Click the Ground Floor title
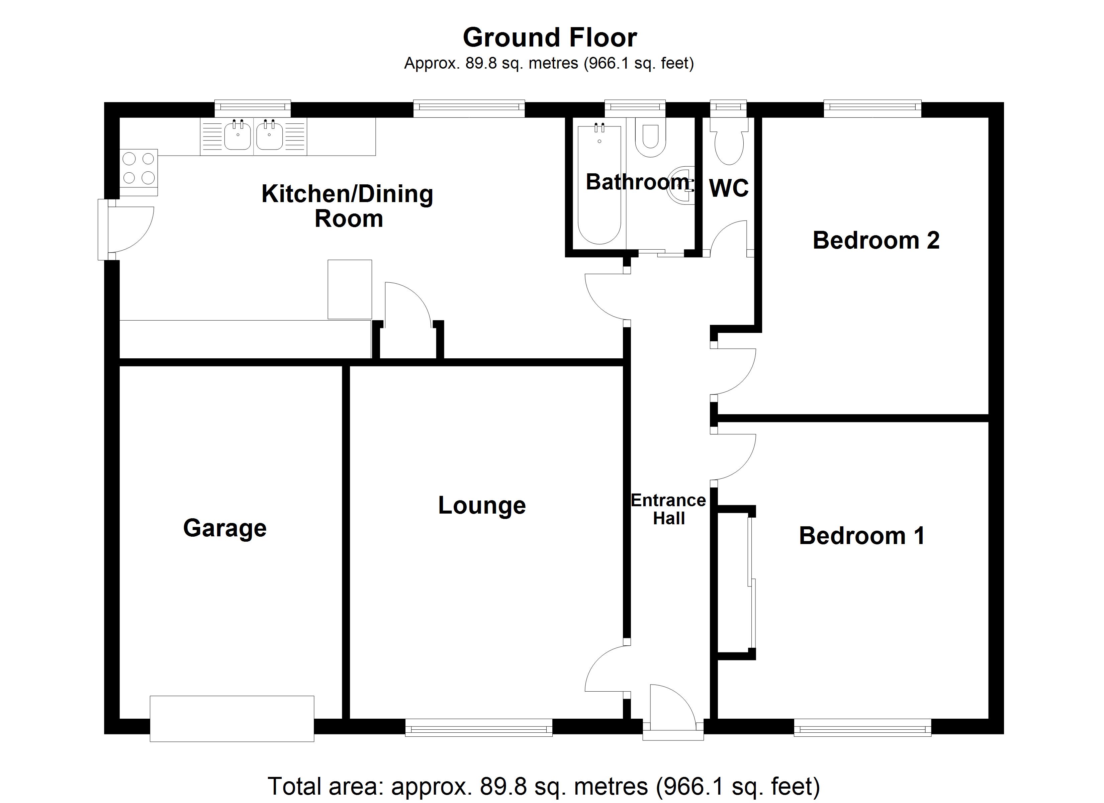[550, 37]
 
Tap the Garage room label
[225, 528]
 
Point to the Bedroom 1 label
[861, 536]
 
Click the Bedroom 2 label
[876, 240]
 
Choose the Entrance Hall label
[668, 509]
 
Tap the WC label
[729, 188]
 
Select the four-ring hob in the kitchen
[139, 168]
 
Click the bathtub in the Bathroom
[599, 185]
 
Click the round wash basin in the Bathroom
[682, 186]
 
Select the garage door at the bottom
[232, 719]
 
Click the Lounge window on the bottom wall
[478, 729]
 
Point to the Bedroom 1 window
[862, 729]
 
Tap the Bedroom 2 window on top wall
[872, 108]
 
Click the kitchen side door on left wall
[103, 230]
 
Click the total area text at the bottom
[544, 787]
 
